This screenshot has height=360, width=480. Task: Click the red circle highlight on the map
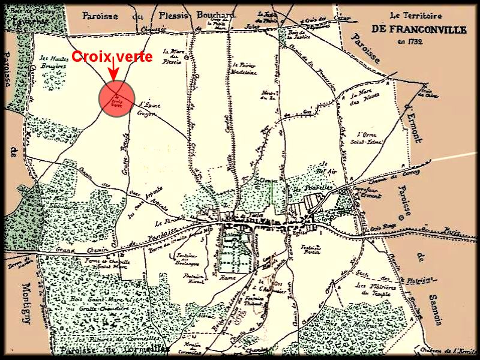[x=116, y=98]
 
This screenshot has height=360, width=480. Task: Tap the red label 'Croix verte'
[x=112, y=57]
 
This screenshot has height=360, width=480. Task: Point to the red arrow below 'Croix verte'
[x=112, y=73]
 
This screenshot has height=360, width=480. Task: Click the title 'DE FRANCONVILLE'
[x=407, y=28]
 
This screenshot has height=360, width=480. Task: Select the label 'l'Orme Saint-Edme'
[x=369, y=138]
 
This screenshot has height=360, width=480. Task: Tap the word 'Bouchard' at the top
[x=202, y=16]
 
